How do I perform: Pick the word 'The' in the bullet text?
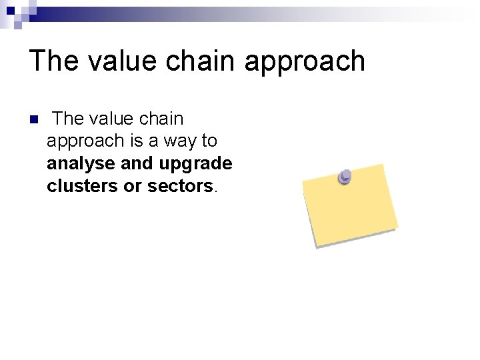click(68, 119)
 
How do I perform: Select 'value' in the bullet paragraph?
click(111, 119)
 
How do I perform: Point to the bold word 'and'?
click(137, 163)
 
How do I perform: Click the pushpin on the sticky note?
click(345, 177)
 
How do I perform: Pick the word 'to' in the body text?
click(209, 141)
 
